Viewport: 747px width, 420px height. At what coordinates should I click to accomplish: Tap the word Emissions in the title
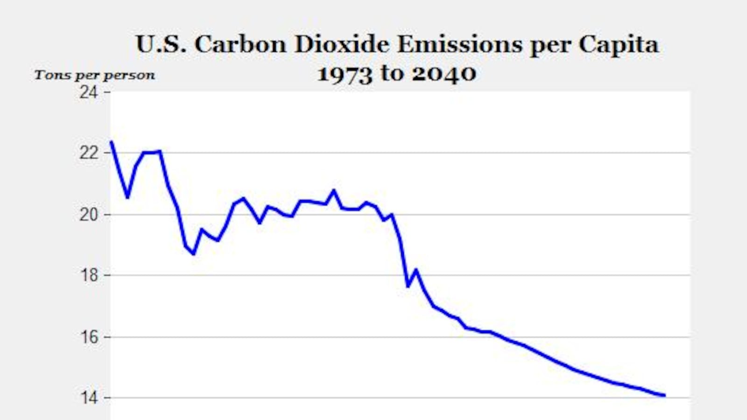[x=459, y=45]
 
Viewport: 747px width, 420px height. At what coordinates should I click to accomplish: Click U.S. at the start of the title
[x=162, y=45]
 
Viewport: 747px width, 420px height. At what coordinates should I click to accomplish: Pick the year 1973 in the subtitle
[x=345, y=74]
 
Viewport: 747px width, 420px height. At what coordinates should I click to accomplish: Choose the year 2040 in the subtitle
[x=444, y=74]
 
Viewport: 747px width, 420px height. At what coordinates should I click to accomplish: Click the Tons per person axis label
[x=94, y=75]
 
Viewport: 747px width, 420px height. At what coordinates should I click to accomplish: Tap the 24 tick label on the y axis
[x=89, y=92]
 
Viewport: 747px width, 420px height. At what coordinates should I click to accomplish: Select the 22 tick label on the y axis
[x=89, y=153]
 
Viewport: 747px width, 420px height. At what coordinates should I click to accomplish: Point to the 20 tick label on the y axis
[x=89, y=215]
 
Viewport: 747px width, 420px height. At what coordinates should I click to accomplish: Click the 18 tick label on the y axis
[x=89, y=275]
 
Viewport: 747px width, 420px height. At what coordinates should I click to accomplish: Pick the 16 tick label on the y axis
[x=89, y=337]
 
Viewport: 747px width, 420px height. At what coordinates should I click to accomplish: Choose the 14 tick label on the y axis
[x=89, y=398]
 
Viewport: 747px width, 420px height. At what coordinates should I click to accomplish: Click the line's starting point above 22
[x=111, y=141]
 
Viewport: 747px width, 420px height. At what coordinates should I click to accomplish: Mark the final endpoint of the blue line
[x=664, y=395]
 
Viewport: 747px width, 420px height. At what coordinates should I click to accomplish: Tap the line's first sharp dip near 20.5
[x=127, y=197]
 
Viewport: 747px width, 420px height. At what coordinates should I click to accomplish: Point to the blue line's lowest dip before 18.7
[x=193, y=253]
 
